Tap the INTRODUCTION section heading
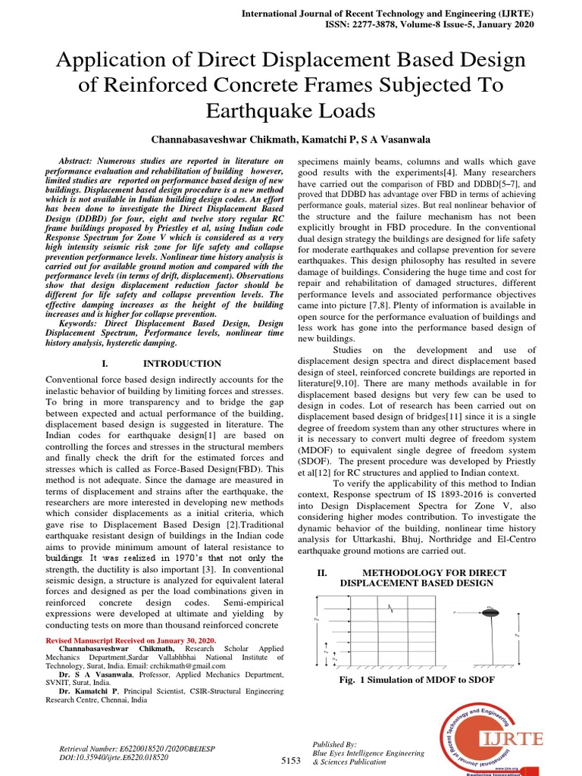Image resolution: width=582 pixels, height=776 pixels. [182, 364]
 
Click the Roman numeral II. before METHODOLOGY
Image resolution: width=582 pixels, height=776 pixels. [321, 573]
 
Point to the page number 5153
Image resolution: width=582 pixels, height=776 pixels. [291, 760]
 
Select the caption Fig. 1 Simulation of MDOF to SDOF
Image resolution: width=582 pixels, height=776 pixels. [418, 680]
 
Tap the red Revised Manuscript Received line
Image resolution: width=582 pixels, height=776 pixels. [131, 641]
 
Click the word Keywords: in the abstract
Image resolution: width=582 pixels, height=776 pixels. [81, 322]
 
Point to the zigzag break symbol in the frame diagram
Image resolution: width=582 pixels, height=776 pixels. [392, 607]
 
